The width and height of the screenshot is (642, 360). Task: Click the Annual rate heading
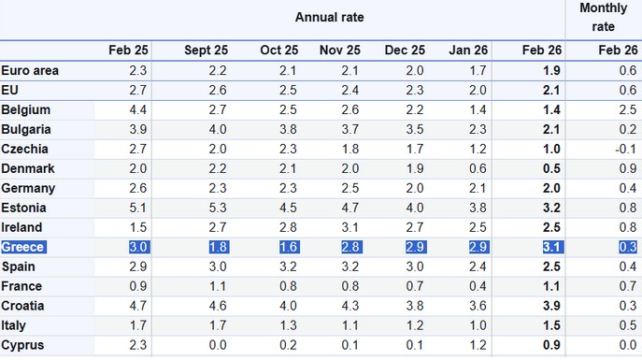tap(329, 17)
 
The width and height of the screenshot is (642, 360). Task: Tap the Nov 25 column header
tap(338, 50)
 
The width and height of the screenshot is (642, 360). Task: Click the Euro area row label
tap(29, 70)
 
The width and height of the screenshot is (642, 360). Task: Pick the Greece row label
tap(24, 247)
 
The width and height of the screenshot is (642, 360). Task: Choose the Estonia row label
tap(25, 208)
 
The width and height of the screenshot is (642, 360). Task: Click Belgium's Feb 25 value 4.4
tap(137, 109)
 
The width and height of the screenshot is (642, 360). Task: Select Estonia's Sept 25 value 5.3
tap(217, 208)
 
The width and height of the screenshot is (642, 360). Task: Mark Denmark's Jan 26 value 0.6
tap(478, 168)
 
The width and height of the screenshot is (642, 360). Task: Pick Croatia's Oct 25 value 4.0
tap(287, 306)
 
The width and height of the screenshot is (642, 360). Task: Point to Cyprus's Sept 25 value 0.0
tap(217, 345)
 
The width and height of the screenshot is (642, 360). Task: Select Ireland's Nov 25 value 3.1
tap(350, 227)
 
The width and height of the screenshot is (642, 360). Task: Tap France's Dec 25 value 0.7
tap(414, 286)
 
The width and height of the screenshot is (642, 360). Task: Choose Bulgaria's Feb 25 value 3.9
tap(137, 129)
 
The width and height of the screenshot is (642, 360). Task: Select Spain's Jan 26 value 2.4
tap(478, 266)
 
